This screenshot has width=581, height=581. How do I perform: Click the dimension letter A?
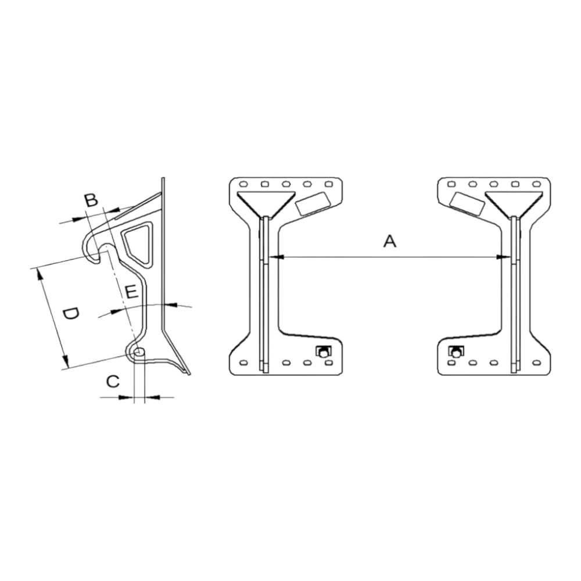point(389,241)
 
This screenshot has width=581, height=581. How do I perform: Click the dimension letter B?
point(91,200)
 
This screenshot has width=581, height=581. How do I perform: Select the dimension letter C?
point(113,381)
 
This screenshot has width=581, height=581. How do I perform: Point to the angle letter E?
point(131,292)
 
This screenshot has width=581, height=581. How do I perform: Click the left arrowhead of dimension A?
point(277,256)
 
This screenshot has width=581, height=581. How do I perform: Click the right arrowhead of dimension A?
point(503,256)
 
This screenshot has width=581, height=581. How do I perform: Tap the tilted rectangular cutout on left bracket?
point(313,203)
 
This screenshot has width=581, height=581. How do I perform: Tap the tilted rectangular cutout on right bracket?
point(467,203)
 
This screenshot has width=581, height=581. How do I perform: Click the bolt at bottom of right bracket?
point(456,352)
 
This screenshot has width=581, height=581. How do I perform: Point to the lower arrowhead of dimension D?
point(65,358)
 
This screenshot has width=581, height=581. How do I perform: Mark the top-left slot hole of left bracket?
point(243,184)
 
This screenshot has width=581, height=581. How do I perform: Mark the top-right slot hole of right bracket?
point(536,184)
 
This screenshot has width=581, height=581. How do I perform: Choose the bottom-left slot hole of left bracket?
point(243,363)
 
